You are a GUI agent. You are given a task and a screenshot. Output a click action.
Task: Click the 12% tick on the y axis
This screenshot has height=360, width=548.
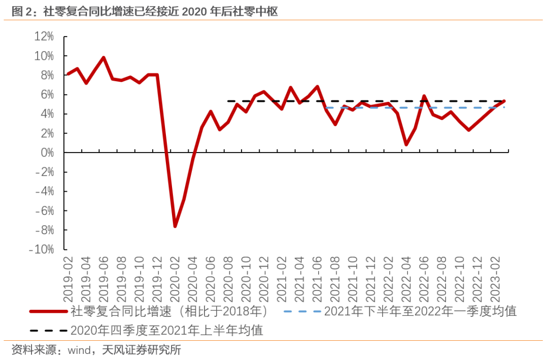click(44, 37)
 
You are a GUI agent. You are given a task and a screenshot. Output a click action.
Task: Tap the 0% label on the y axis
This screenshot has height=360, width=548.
click(47, 153)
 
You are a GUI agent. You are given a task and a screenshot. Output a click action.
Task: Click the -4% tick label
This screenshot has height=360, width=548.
click(44, 192)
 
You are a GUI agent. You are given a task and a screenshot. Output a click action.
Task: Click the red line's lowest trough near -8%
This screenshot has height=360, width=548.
click(175, 226)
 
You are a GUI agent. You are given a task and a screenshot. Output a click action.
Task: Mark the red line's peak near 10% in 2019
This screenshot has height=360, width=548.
click(104, 57)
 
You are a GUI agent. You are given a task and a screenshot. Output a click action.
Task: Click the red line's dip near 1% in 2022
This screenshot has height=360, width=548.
click(406, 145)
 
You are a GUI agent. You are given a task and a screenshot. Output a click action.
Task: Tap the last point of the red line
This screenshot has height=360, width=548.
click(504, 101)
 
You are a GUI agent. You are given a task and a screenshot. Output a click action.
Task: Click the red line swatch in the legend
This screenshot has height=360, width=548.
click(48, 311)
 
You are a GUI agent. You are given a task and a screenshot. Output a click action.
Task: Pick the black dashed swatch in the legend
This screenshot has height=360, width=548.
click(48, 331)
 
